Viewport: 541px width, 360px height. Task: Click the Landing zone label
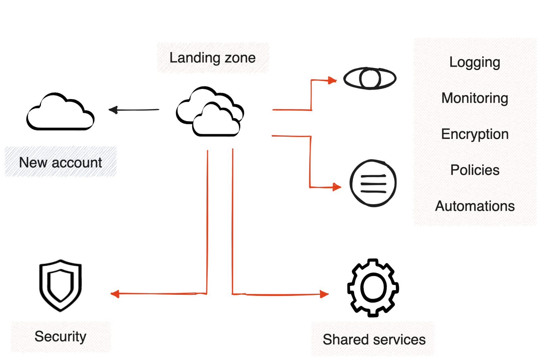[x=213, y=57]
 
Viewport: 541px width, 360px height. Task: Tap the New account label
[x=61, y=162]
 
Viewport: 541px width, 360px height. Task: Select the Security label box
[x=61, y=337]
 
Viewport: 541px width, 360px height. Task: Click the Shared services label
[x=373, y=339]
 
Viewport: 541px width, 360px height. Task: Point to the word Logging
[x=475, y=63]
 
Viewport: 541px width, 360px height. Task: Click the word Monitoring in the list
[x=475, y=98]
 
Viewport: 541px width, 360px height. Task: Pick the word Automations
[x=475, y=206]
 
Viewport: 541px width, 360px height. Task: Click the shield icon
[x=61, y=285]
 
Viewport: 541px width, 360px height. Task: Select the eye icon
[x=370, y=78]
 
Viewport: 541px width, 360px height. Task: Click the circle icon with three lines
[x=373, y=183]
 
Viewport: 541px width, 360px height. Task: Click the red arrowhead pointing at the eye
[x=333, y=80]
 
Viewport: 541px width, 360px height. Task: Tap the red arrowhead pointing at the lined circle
[x=337, y=187]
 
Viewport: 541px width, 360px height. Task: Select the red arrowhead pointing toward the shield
[x=115, y=294]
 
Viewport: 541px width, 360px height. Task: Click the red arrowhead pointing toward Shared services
[x=324, y=294]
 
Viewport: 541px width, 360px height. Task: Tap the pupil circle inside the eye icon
[x=370, y=78]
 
